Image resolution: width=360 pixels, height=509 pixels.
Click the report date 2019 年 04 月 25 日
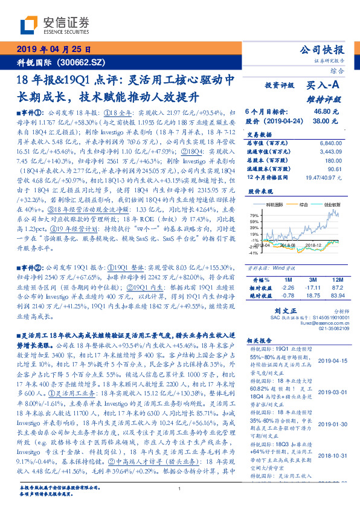[53, 50]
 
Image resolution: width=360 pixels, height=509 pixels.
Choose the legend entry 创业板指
[336, 205]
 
